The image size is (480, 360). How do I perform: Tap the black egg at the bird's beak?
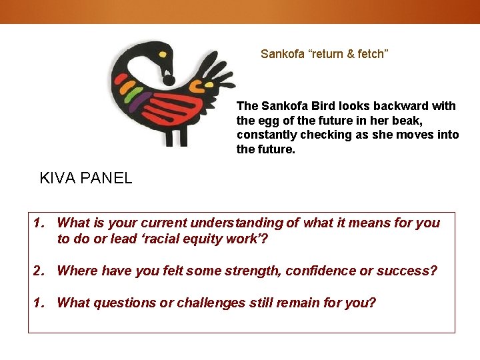coord(169,81)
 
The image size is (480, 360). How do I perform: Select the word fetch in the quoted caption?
coord(371,54)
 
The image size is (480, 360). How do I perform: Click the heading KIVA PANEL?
coord(86,178)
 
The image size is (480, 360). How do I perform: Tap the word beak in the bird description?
coord(406,121)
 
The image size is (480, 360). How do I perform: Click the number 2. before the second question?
coord(39,271)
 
